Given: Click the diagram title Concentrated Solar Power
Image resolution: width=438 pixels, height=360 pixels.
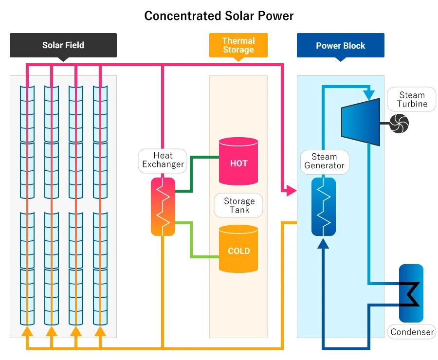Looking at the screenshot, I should (x=219, y=16).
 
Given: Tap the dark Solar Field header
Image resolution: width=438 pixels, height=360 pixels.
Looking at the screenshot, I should (x=63, y=45).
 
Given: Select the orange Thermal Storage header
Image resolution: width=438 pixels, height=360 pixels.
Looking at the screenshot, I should (x=238, y=45).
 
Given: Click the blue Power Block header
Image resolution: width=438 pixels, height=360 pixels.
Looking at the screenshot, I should (x=340, y=46).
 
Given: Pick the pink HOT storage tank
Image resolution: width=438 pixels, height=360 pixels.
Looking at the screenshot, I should (x=238, y=162).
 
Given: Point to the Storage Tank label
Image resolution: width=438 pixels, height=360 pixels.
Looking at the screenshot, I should (x=239, y=205).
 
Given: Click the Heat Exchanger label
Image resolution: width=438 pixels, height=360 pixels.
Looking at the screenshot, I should (x=163, y=160).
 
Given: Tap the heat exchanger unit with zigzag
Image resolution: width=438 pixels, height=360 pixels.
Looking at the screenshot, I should (x=163, y=206).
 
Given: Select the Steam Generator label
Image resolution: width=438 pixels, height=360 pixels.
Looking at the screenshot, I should (x=324, y=161).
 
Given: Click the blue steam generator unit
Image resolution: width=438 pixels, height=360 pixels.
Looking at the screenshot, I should (x=324, y=206).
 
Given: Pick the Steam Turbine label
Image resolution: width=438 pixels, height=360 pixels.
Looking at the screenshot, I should (x=412, y=99).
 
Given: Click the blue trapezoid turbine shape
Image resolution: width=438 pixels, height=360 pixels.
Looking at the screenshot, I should (x=361, y=122).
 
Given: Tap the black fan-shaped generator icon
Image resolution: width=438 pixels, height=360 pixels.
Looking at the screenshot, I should (x=399, y=123).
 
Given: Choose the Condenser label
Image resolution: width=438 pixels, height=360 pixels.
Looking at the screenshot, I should (x=412, y=332).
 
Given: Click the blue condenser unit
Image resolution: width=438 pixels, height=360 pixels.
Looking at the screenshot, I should (x=411, y=293).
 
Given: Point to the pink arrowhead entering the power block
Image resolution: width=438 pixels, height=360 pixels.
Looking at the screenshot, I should (x=291, y=190).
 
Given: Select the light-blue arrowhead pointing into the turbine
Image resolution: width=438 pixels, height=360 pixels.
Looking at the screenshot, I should (x=369, y=92).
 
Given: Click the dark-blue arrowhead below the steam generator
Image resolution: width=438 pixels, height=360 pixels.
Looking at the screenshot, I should (x=323, y=243).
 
